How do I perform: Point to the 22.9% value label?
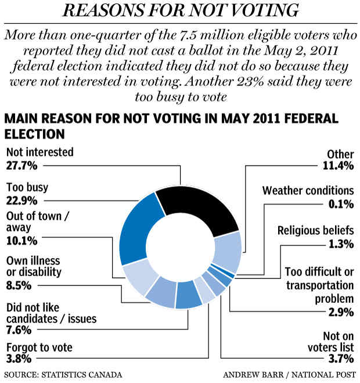click(x=21, y=201)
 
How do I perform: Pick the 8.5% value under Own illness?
click(x=19, y=285)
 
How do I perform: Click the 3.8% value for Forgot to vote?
click(x=19, y=359)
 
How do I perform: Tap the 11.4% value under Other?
click(x=338, y=167)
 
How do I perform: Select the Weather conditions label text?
click(x=308, y=191)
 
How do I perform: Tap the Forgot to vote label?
click(x=39, y=347)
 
